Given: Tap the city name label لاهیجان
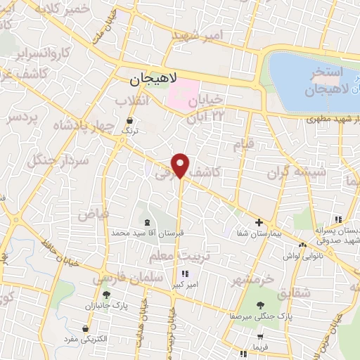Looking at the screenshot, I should click(x=155, y=81).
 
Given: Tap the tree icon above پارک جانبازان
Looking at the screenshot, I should click(x=106, y=295).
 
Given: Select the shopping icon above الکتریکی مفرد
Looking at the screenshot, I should click(x=85, y=328).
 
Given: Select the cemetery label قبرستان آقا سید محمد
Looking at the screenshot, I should click(x=148, y=231).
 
